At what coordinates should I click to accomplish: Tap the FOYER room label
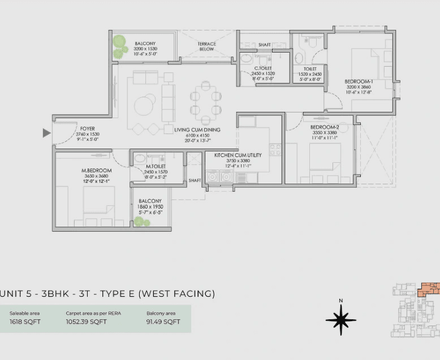87,128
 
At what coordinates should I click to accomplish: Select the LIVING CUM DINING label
197,130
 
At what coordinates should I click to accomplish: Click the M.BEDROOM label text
97,171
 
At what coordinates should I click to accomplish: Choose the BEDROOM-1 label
359,81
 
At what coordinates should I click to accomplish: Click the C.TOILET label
262,68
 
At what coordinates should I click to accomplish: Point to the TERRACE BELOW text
207,46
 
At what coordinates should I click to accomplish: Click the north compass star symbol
340,320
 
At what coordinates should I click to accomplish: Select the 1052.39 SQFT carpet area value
86,322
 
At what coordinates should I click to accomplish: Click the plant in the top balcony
119,46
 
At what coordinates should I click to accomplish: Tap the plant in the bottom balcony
143,222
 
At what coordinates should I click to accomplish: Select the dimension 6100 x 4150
197,136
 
